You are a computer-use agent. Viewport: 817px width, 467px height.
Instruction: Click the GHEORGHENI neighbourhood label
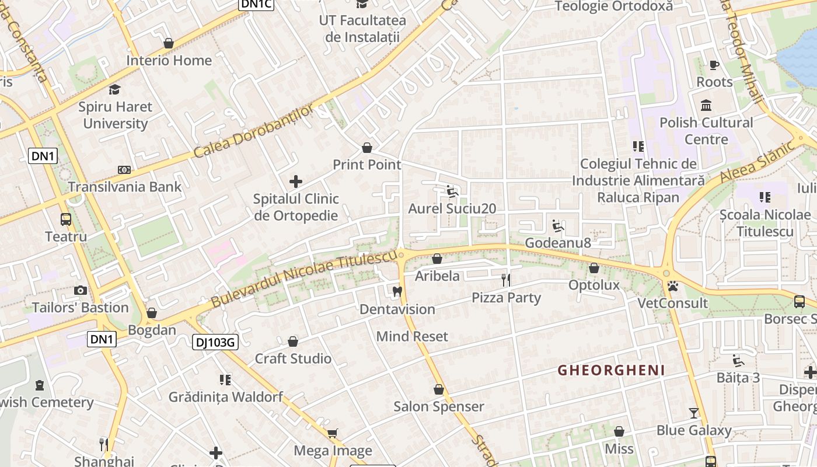pyautogui.click(x=611, y=370)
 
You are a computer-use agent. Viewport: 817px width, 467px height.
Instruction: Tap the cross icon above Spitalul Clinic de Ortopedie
pyautogui.click(x=296, y=182)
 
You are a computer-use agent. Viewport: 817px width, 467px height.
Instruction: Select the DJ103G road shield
pyautogui.click(x=215, y=343)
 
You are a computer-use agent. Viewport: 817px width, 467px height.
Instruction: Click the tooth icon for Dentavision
pyautogui.click(x=397, y=291)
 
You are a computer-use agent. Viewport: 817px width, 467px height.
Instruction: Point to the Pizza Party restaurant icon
pyautogui.click(x=506, y=280)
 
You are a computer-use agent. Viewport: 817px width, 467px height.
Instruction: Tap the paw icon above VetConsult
pyautogui.click(x=673, y=286)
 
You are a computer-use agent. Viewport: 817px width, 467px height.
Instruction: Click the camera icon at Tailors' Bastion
pyautogui.click(x=81, y=290)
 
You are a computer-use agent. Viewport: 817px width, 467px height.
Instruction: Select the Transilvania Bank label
pyautogui.click(x=125, y=187)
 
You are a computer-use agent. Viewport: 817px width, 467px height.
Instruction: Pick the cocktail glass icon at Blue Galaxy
pyautogui.click(x=693, y=413)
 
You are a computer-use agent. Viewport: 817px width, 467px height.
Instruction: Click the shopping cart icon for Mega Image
pyautogui.click(x=332, y=433)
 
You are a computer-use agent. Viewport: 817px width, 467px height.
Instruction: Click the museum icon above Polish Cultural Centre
pyautogui.click(x=706, y=106)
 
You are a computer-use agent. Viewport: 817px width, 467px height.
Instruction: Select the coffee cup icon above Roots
pyautogui.click(x=714, y=65)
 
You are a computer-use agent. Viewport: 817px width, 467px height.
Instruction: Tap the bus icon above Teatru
pyautogui.click(x=66, y=219)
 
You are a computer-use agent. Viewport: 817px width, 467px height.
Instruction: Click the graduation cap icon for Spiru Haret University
pyautogui.click(x=114, y=89)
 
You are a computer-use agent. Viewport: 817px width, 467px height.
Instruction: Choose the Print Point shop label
pyautogui.click(x=367, y=165)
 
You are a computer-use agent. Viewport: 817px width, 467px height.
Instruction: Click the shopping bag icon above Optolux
pyautogui.click(x=594, y=268)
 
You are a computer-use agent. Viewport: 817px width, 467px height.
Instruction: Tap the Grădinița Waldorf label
pyautogui.click(x=225, y=397)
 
